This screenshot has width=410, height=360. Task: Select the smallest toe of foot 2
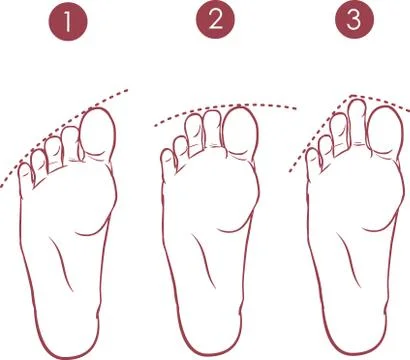tap(168, 157)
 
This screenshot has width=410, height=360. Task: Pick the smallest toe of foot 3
tap(312, 157)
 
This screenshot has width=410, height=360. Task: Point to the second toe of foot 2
tap(213, 126)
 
